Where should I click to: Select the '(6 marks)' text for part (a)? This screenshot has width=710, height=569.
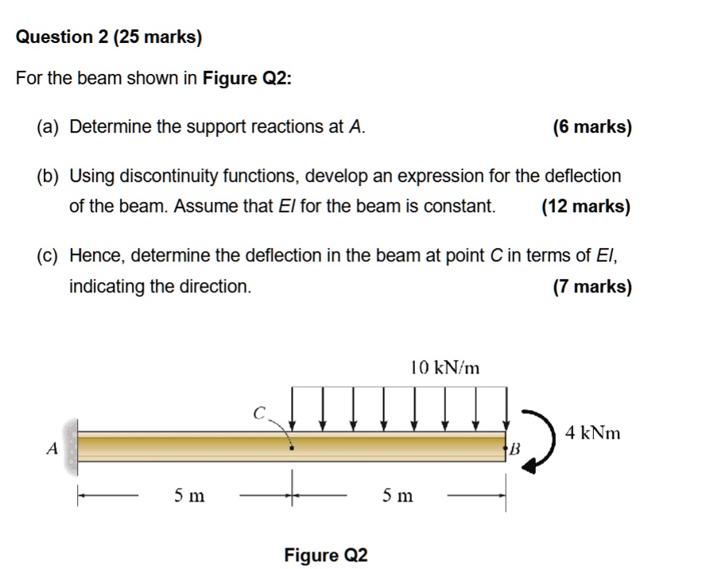pyautogui.click(x=592, y=127)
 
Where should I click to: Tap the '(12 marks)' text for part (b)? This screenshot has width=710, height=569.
pyautogui.click(x=586, y=207)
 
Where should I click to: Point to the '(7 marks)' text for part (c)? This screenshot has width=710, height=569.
pyautogui.click(x=592, y=286)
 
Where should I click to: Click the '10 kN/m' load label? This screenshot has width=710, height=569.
pyautogui.click(x=445, y=367)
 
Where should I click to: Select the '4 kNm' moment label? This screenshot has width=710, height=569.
pyautogui.click(x=592, y=433)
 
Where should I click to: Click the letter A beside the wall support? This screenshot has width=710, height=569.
pyautogui.click(x=52, y=448)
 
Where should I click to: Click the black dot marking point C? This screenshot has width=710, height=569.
pyautogui.click(x=292, y=448)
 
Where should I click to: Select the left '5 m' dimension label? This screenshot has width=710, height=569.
pyautogui.click(x=189, y=496)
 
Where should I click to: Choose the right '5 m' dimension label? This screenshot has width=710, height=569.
pyautogui.click(x=398, y=496)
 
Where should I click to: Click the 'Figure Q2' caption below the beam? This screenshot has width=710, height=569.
pyautogui.click(x=326, y=555)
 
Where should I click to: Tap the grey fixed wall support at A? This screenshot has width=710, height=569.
pyautogui.click(x=72, y=447)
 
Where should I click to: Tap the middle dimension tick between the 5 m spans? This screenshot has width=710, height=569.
pyautogui.click(x=293, y=496)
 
